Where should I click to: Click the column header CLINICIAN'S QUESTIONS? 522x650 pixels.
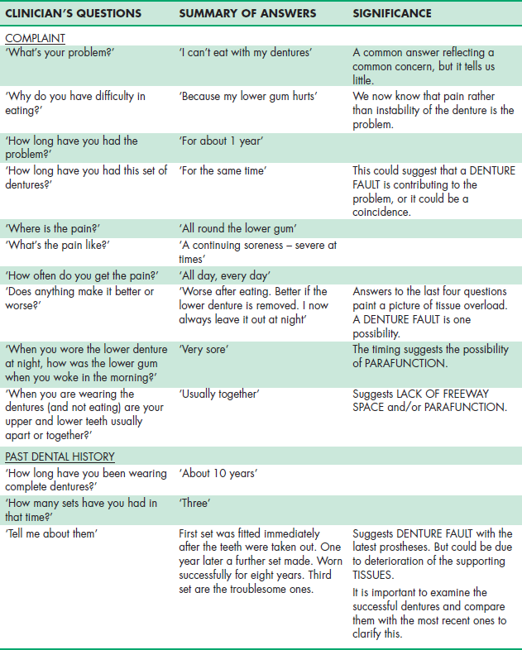pyautogui.click(x=73, y=14)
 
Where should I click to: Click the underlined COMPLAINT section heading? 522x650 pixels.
pyautogui.click(x=35, y=38)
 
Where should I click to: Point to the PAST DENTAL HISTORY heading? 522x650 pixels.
pyautogui.click(x=60, y=456)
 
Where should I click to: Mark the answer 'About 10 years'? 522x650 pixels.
pyautogui.click(x=218, y=473)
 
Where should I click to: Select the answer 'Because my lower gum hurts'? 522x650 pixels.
pyautogui.click(x=248, y=97)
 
